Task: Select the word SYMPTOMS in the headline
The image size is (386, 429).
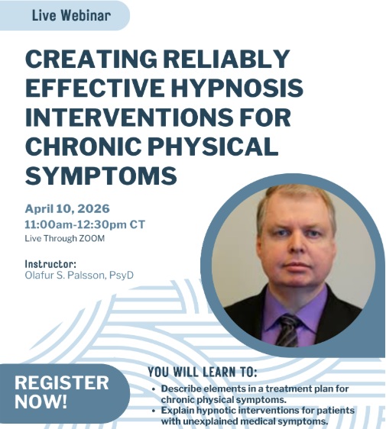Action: [x=101, y=176]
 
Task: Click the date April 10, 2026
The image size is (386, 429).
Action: [x=67, y=208]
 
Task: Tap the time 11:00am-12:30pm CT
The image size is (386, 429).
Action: [x=84, y=224]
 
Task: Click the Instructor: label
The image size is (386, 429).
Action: [x=50, y=264]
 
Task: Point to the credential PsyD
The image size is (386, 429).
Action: [x=120, y=275]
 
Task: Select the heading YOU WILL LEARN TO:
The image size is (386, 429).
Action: [x=202, y=373]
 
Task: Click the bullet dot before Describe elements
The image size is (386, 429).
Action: [x=154, y=389]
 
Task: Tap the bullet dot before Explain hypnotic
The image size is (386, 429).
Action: [x=154, y=410]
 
